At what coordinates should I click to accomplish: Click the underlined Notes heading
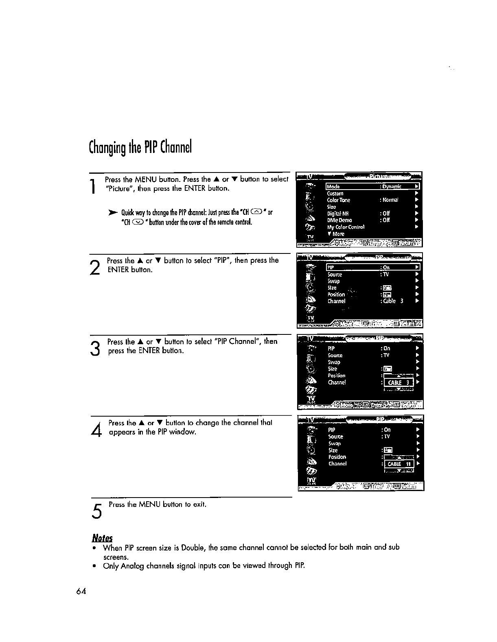(x=102, y=538)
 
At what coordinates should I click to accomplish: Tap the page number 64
(x=80, y=592)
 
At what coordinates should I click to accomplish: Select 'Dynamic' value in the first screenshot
(x=392, y=187)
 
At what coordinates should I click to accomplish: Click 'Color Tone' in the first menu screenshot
(x=338, y=200)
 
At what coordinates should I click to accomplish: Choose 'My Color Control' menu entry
(x=346, y=227)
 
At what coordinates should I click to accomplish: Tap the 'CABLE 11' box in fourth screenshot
(x=399, y=464)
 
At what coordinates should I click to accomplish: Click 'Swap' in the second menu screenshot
(x=333, y=281)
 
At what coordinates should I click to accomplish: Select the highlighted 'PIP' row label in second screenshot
(x=331, y=268)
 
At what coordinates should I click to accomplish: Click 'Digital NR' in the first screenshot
(x=338, y=214)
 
